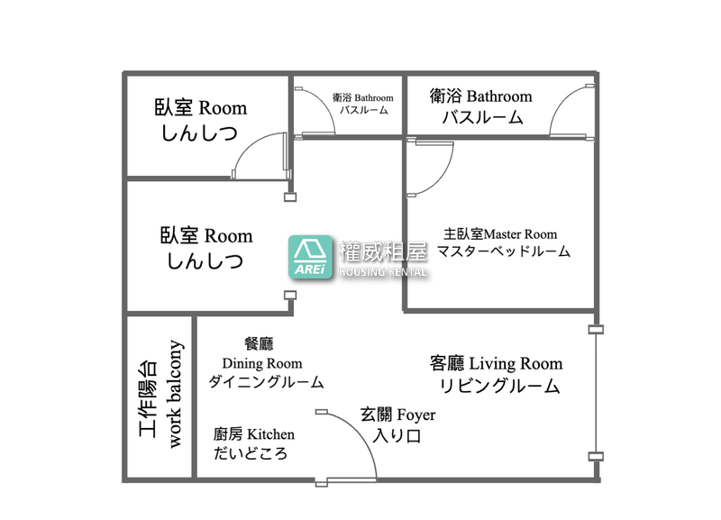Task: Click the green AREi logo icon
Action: (310, 257)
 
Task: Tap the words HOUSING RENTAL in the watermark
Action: (382, 272)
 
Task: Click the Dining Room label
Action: (262, 363)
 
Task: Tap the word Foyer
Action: (415, 415)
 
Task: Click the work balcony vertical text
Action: (175, 394)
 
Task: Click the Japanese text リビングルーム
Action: (500, 386)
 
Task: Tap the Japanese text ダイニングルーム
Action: (266, 382)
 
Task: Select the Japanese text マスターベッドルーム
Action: (504, 251)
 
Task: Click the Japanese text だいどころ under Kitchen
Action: (251, 453)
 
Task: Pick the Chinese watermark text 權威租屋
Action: (382, 251)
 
